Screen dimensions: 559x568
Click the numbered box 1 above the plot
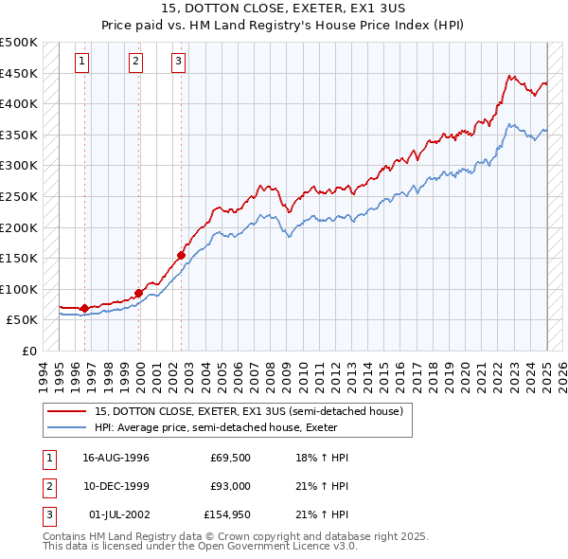[83, 63]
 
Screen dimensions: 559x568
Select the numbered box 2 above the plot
[136, 63]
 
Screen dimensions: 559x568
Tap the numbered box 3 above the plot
[178, 63]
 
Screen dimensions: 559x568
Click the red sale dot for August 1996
[85, 308]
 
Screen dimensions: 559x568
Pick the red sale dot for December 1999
[138, 293]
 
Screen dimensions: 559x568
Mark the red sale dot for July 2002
[181, 255]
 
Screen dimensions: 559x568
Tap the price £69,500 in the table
[229, 458]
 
